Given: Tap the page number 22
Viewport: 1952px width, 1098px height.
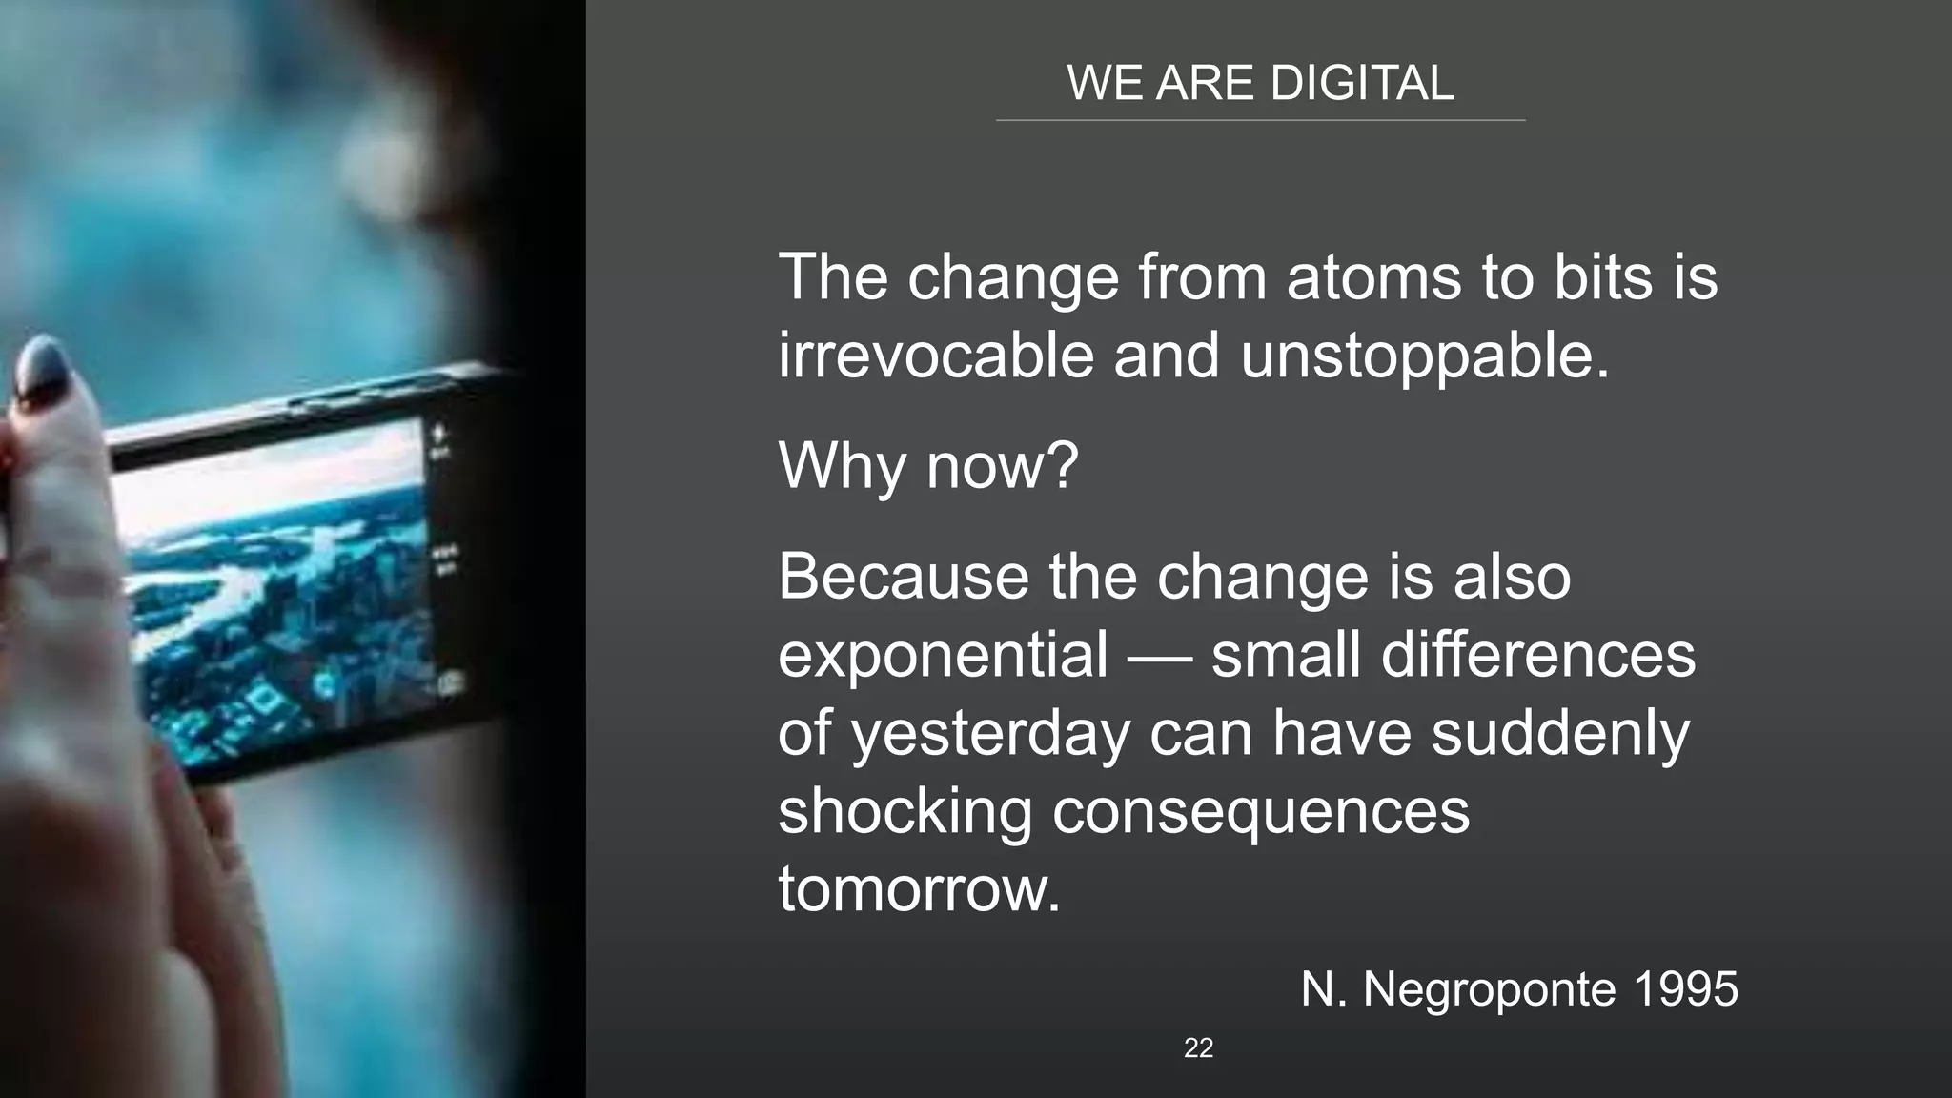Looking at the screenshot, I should point(1198,1048).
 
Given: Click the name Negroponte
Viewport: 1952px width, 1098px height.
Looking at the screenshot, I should point(1489,990).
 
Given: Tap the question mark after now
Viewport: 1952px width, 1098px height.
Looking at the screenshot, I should point(1063,465).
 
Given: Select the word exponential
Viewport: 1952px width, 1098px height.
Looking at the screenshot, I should point(943,656).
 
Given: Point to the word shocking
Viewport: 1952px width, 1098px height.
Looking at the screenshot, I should point(905,812).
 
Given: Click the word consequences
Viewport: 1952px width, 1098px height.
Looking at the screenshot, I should point(1260,812).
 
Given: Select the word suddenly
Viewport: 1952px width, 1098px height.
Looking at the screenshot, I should point(1560,734).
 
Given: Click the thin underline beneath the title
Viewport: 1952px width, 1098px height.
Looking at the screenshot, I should point(1260,121).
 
